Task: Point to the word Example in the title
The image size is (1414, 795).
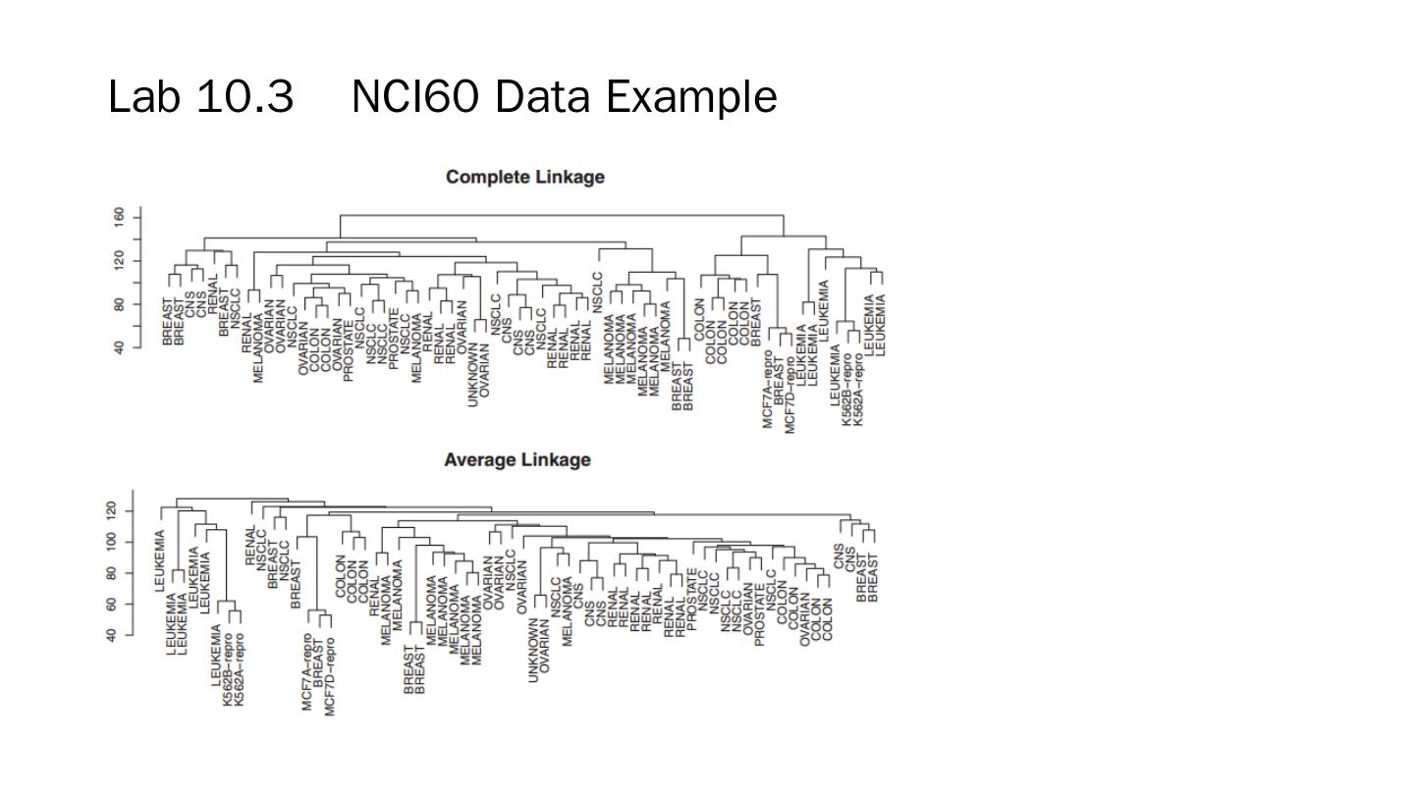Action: click(690, 97)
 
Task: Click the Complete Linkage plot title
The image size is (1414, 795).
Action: click(524, 177)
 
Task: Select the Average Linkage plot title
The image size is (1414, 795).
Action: click(517, 459)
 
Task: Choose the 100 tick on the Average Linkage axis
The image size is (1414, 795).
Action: click(111, 541)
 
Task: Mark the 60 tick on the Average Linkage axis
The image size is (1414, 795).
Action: click(111, 604)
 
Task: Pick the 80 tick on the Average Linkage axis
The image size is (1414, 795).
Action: click(111, 572)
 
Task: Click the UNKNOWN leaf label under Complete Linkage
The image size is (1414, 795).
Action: click(473, 375)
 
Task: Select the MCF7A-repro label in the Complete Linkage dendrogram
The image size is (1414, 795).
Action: click(768, 390)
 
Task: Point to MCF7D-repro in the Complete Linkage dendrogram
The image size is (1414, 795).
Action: click(790, 390)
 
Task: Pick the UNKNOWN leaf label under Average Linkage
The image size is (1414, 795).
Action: click(533, 650)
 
